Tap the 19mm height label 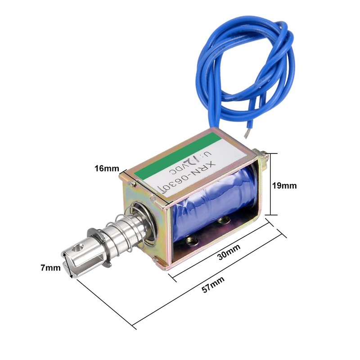[x=286, y=185]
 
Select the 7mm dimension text [x=50, y=268]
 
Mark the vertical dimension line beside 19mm [x=270, y=185]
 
